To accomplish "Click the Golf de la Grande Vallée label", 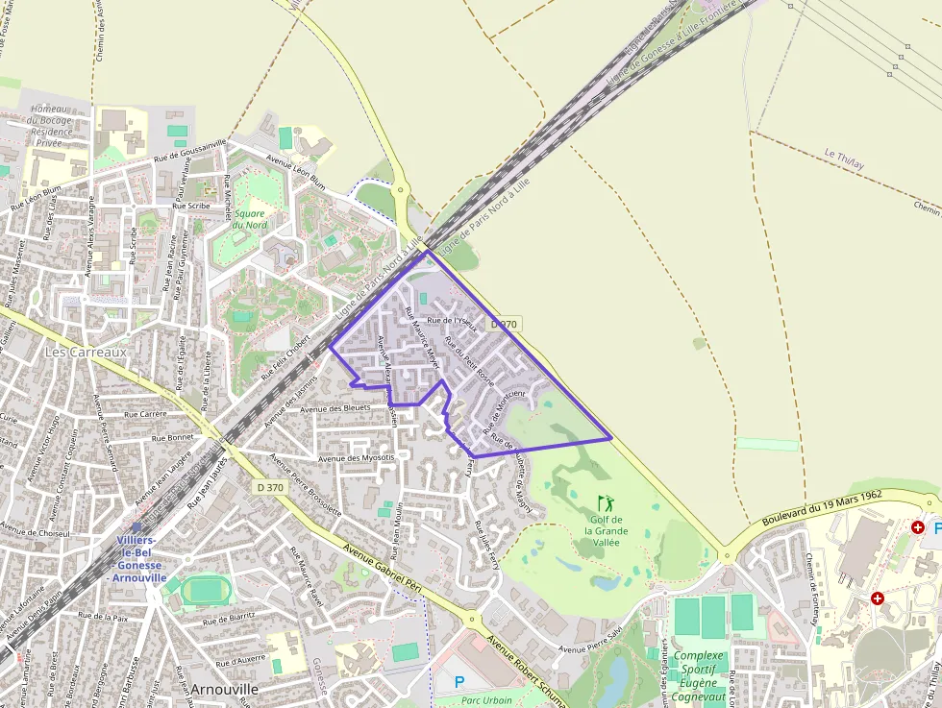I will [606, 531].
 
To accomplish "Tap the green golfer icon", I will [605, 502].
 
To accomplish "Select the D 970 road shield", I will [504, 325].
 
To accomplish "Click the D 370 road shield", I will [271, 488].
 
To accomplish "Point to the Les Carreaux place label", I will [86, 353].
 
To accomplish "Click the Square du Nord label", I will [250, 219].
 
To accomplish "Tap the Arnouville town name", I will [224, 690].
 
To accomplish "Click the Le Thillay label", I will [844, 159].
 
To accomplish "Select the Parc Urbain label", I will [486, 700].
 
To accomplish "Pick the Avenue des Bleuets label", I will [335, 408].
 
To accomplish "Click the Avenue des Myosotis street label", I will [357, 458].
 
